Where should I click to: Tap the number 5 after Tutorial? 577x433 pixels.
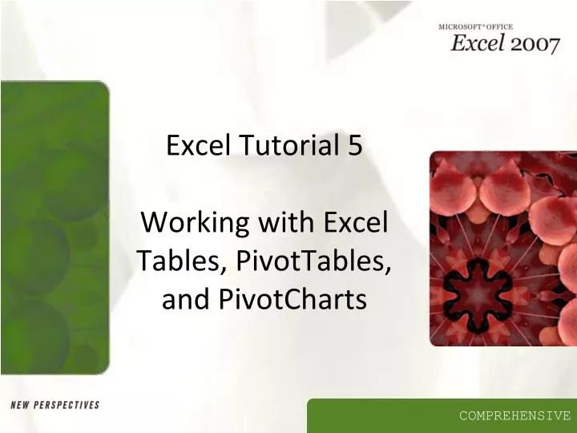[355, 146]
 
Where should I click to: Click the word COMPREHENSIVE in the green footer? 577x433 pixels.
[514, 415]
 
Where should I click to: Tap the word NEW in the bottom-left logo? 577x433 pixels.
[22, 405]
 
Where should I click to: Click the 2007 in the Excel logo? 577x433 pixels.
[534, 43]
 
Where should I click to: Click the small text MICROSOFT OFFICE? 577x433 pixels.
[475, 27]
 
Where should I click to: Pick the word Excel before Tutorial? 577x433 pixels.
[197, 146]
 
